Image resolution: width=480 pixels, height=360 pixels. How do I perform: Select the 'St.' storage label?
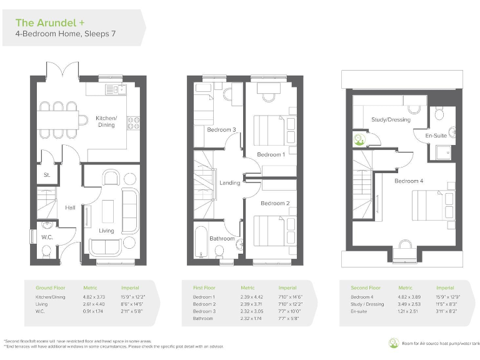47,176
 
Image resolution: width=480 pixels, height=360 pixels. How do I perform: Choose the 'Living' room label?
106,231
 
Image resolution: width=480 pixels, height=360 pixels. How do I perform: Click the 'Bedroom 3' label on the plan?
221,130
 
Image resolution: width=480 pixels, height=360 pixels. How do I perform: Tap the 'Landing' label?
229,182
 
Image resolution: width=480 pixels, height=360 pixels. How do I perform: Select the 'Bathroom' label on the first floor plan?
222,238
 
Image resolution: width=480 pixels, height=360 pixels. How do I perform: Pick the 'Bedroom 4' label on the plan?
408,181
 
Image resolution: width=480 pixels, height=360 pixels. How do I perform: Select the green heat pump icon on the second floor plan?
359,139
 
